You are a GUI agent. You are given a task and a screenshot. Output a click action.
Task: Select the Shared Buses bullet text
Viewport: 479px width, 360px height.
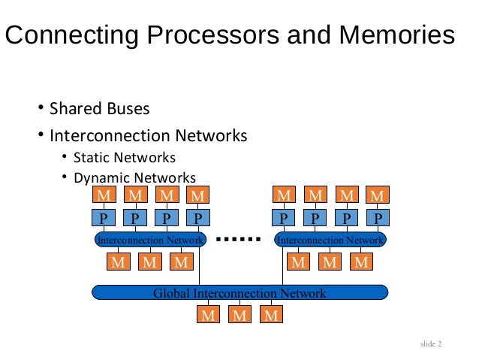[x=99, y=109]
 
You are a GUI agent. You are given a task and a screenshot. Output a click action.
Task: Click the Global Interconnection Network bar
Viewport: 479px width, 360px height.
[x=239, y=293]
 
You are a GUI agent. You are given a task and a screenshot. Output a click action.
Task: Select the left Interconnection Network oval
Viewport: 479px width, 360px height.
[x=150, y=240]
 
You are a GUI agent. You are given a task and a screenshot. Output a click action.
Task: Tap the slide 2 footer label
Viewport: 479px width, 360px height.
[x=431, y=344]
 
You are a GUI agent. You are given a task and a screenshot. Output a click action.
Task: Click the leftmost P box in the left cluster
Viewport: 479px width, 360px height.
[x=102, y=218]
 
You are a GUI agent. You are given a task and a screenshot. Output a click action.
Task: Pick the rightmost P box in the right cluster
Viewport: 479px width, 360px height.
[x=378, y=218]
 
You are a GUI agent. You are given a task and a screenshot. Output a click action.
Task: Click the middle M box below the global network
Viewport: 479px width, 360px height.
[x=239, y=314]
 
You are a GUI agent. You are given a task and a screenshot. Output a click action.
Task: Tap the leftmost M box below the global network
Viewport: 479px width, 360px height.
[x=208, y=314]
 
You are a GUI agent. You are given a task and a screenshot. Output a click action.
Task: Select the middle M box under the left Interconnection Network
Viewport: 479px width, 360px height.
[x=149, y=262]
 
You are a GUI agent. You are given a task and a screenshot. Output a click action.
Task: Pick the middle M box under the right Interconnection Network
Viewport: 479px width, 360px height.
[x=330, y=262]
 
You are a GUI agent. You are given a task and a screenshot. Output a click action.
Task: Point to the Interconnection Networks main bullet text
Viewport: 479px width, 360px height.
[x=148, y=136]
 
